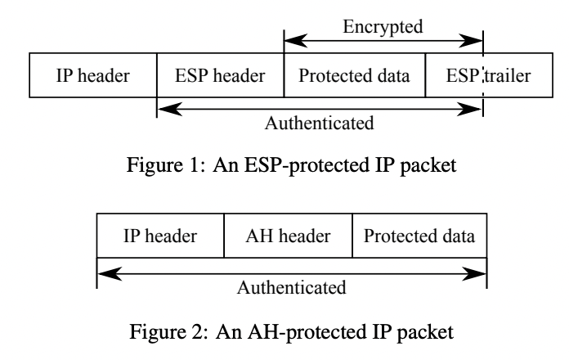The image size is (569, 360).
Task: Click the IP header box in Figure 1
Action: click(92, 77)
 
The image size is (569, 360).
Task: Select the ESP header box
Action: click(220, 77)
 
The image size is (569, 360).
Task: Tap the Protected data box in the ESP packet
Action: click(355, 77)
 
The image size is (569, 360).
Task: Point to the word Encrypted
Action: click(383, 26)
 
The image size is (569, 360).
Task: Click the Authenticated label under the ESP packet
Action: click(320, 124)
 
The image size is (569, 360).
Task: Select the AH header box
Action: click(288, 236)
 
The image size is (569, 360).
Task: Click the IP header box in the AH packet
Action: click(160, 236)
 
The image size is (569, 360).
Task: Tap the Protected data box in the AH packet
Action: click(419, 236)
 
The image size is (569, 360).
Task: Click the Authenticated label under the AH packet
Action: click(292, 287)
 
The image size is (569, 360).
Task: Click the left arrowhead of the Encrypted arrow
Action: click(292, 39)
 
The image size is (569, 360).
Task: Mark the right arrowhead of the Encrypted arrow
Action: click(475, 39)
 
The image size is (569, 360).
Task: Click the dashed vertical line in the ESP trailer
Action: click(483, 77)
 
